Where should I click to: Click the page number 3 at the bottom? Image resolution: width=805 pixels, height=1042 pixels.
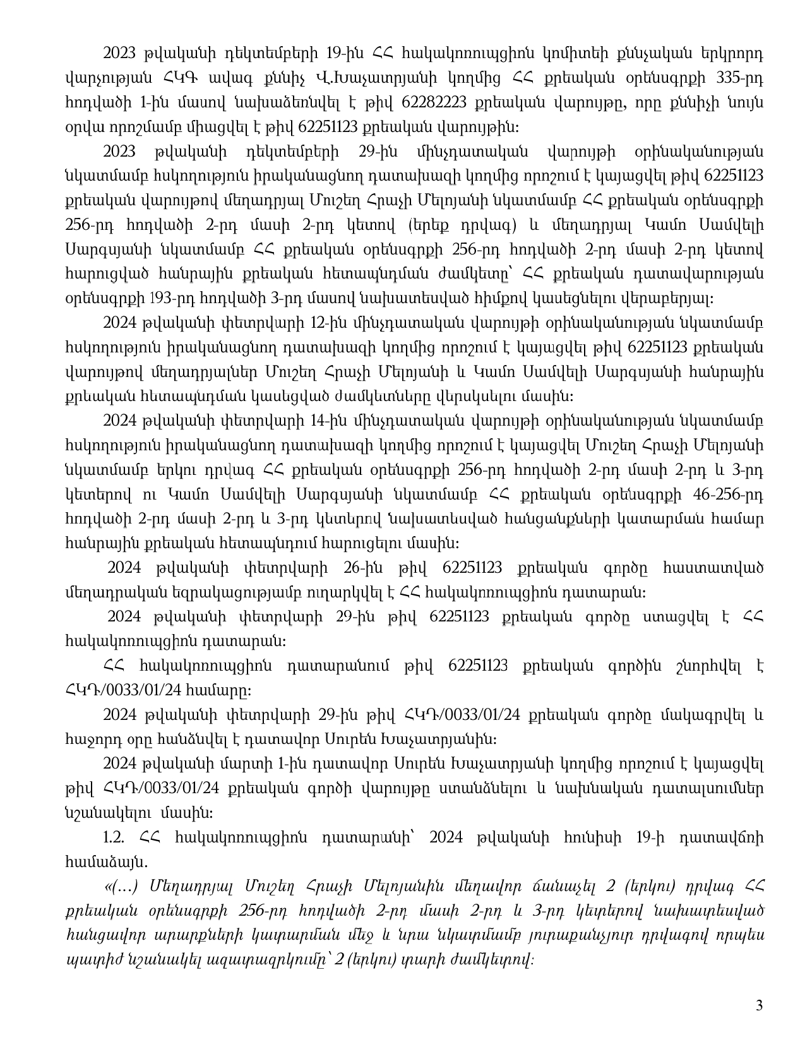tap(760, 1005)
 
